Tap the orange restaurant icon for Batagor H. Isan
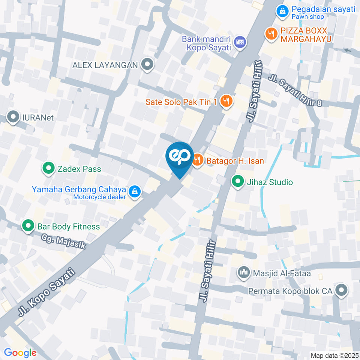(x=198, y=161)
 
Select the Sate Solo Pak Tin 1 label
(x=181, y=102)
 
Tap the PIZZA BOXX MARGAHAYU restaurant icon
(x=270, y=34)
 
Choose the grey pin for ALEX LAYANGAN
(x=147, y=64)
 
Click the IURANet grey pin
(x=14, y=117)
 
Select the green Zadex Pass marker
(x=48, y=169)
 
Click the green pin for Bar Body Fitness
(x=28, y=226)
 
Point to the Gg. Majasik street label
(x=64, y=242)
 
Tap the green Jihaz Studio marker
(x=237, y=182)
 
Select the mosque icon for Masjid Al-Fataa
(x=244, y=273)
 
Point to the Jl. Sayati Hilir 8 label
(x=295, y=90)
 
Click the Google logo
(x=20, y=352)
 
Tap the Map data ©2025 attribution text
(x=334, y=355)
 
